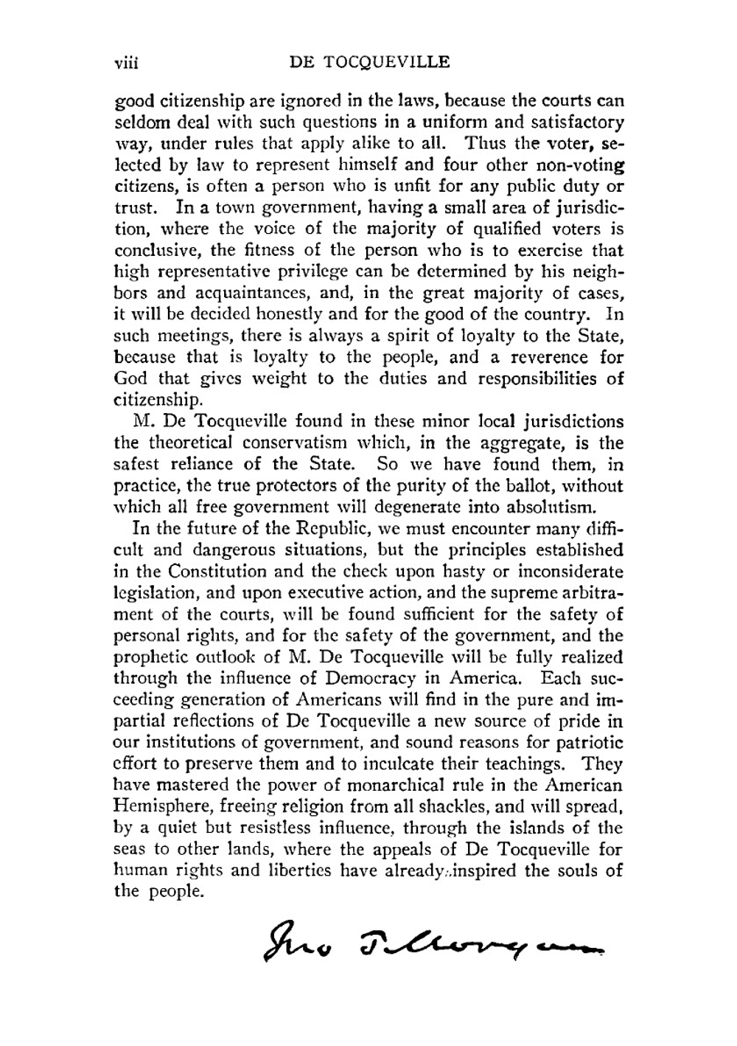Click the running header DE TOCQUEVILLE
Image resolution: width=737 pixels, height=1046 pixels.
(x=369, y=62)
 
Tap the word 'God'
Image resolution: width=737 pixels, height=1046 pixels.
(x=130, y=378)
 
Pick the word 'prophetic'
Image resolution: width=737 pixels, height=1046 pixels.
(x=149, y=657)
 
